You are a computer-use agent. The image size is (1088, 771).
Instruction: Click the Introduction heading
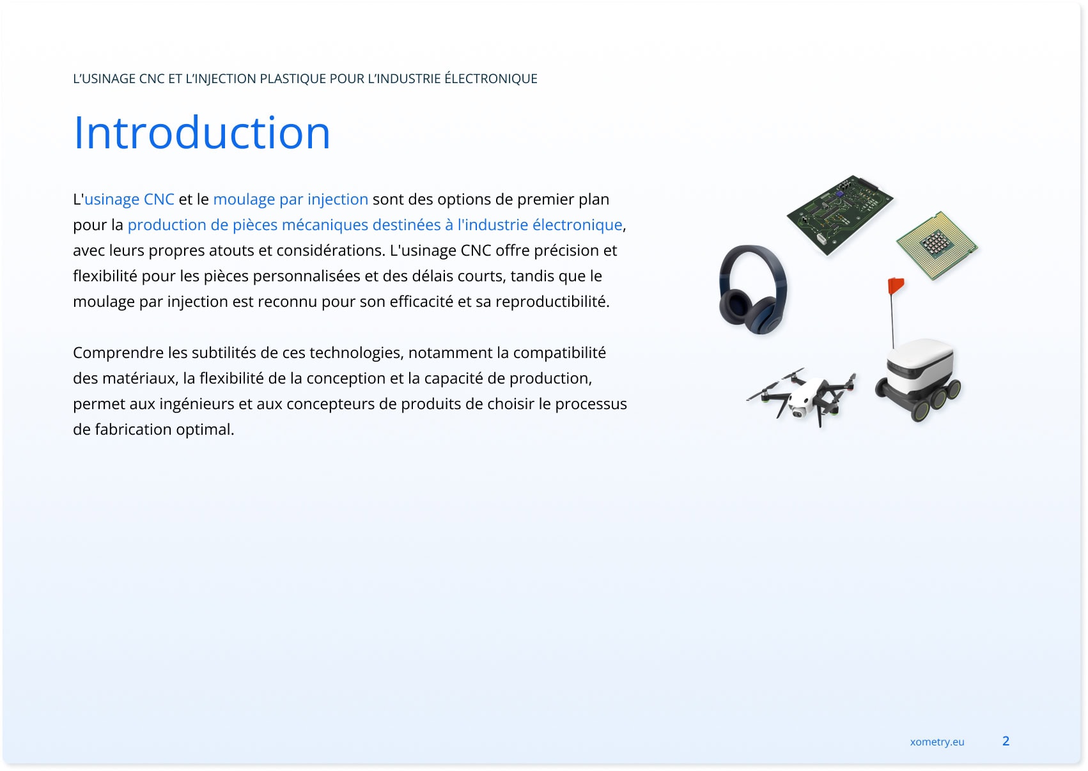[x=201, y=132]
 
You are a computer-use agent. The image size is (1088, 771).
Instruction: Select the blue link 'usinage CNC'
[x=129, y=199]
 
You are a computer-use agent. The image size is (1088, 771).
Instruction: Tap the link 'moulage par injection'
[x=290, y=199]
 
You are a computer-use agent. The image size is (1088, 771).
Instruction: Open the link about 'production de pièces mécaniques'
[x=375, y=225]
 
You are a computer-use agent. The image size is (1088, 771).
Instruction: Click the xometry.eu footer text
[x=937, y=742]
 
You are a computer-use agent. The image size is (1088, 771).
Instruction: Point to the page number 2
[x=1006, y=741]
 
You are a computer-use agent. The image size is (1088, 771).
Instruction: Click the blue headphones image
[x=753, y=290]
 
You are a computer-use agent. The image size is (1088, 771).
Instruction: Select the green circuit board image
[x=840, y=215]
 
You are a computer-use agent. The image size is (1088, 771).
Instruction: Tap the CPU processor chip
[x=937, y=245]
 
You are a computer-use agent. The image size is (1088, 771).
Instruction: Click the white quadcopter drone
[x=802, y=398]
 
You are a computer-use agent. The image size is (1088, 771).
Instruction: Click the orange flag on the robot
[x=896, y=285]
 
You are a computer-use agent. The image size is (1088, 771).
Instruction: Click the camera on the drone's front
[x=797, y=414]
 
